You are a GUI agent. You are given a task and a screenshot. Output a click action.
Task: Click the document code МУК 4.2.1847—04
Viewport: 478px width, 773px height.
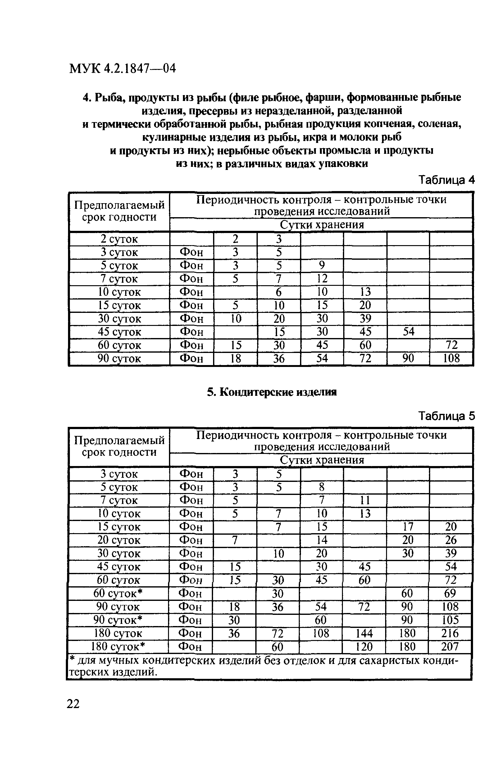(122, 68)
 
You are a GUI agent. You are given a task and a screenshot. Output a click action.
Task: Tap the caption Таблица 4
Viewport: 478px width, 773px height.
(446, 180)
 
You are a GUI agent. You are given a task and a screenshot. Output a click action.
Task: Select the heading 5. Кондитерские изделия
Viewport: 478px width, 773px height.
(271, 392)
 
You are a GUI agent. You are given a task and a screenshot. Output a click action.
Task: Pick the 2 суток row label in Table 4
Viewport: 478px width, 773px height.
(119, 239)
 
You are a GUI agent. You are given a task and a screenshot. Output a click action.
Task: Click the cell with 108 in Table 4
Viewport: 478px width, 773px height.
(451, 358)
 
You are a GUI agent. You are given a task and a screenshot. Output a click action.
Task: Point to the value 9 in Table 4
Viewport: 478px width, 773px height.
(322, 265)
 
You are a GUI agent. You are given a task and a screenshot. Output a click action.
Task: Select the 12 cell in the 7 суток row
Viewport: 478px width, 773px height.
(322, 278)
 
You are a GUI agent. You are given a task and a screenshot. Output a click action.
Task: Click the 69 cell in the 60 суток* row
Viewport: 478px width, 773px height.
(450, 593)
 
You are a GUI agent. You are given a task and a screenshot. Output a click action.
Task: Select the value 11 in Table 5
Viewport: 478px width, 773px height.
(365, 500)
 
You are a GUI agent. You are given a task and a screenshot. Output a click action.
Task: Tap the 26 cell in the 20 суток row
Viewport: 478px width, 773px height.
(451, 540)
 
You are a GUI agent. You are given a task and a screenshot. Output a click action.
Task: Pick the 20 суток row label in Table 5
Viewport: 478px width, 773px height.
(119, 540)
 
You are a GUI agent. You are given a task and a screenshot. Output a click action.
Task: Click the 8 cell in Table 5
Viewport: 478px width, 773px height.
(322, 487)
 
